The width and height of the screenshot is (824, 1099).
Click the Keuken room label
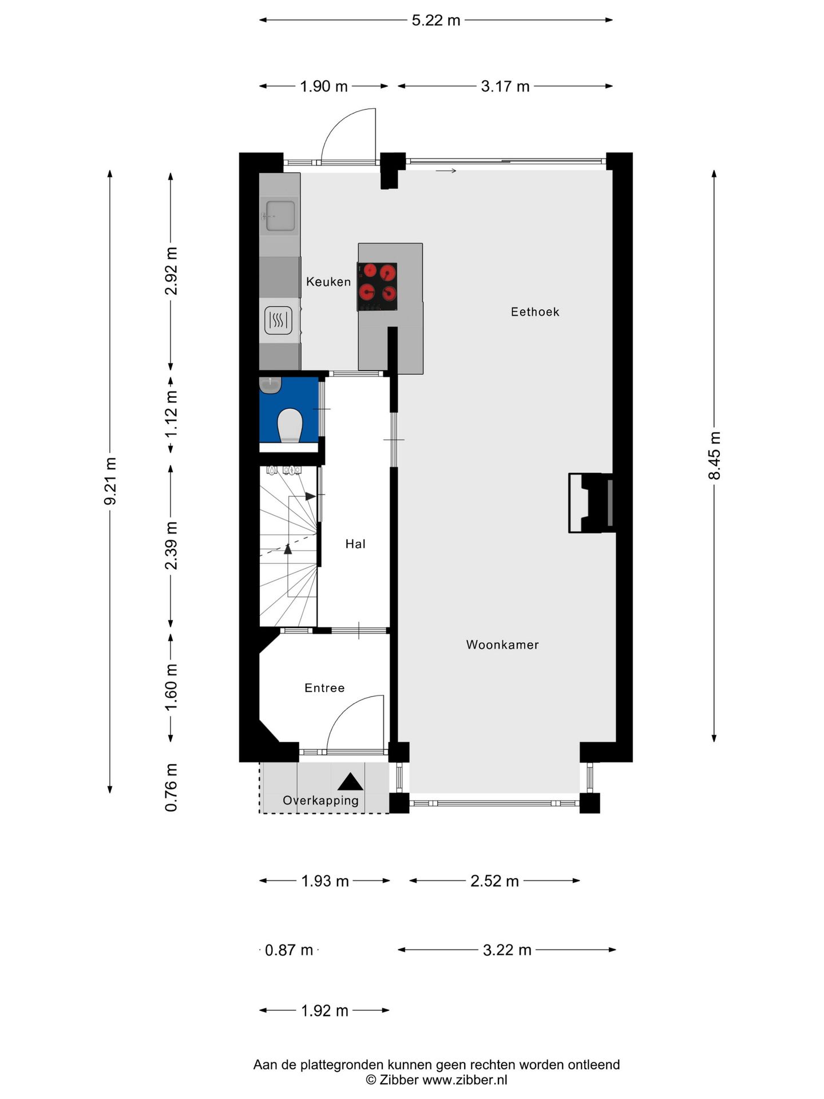pos(328,282)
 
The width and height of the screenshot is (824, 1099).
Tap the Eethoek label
pos(535,312)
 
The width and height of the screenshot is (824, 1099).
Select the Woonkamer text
pos(502,645)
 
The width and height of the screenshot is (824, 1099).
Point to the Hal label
pos(355,544)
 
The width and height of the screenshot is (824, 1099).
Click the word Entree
pos(324,688)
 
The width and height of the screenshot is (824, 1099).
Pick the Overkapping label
pos(320,800)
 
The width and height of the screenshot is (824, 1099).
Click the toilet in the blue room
pos(290,425)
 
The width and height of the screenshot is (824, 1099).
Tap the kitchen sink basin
pos(280,216)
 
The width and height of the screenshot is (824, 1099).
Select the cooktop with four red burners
pos(377,287)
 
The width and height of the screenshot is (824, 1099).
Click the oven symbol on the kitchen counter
pos(279,321)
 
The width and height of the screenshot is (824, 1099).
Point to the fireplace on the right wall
pos(591,503)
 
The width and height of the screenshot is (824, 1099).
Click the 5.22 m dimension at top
pos(436,21)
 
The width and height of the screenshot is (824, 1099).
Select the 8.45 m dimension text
pos(714,456)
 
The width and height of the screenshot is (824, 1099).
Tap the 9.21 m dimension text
pos(110,481)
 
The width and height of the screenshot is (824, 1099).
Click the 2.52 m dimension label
pos(494,881)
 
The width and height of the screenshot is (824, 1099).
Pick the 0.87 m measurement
pos(289,950)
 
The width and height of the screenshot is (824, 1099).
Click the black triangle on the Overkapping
pos(350,782)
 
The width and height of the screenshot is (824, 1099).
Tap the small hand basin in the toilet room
pos(270,385)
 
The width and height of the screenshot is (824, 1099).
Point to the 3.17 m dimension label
pos(505,86)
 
